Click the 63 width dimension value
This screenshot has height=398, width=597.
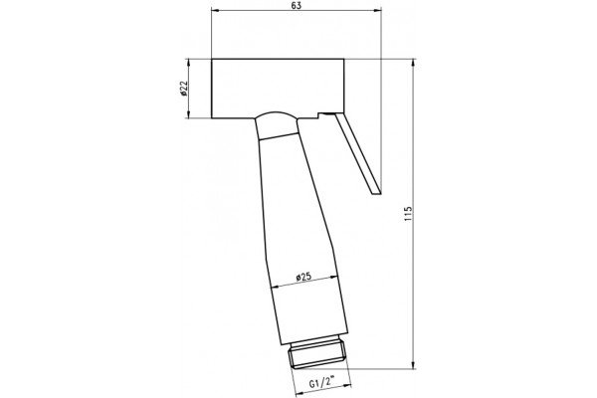[297, 5]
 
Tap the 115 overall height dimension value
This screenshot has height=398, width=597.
[409, 214]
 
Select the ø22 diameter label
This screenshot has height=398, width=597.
[184, 88]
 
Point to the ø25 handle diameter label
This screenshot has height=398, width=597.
[303, 277]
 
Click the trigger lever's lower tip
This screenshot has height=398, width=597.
[376, 192]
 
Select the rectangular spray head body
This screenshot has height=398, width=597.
[278, 89]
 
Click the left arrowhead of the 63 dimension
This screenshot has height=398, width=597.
[215, 10]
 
